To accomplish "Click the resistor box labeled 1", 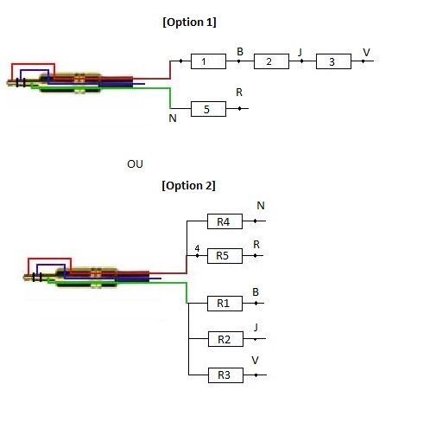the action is coord(208,61).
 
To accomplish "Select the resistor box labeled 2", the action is coord(271,61).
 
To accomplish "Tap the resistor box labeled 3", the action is coord(333,61).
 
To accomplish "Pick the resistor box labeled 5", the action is coord(208,109).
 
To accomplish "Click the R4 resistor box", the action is coord(224,221).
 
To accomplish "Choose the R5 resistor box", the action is coord(224,256).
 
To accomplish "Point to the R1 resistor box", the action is coord(224,304).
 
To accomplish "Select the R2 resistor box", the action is coord(225,339).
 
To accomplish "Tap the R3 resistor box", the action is coord(225,375).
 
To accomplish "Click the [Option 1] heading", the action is coord(189,22).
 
